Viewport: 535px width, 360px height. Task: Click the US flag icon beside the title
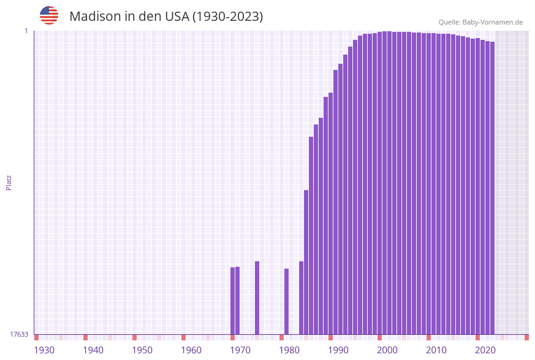[x=49, y=15]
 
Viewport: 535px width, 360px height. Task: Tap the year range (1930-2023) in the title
[x=227, y=17]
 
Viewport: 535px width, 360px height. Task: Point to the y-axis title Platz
[x=9, y=182]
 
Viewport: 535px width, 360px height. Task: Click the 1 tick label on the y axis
[x=26, y=31]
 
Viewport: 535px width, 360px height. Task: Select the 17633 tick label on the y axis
[x=19, y=334]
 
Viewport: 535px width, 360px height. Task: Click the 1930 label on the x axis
[x=44, y=350]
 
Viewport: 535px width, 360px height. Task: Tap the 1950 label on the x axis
[x=142, y=350]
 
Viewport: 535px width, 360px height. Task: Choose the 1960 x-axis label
[x=191, y=350]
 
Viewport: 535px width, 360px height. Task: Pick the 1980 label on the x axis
[x=289, y=350]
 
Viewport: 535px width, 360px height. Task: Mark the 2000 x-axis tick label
[x=387, y=350]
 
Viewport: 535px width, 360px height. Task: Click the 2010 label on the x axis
[x=436, y=350]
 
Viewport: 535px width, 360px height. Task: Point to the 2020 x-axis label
[x=485, y=350]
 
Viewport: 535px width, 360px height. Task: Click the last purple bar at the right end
[x=492, y=188]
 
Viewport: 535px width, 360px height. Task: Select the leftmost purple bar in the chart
[x=232, y=301]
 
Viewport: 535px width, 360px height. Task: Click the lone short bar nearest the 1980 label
[x=286, y=301]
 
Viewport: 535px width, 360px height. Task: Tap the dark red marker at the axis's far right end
[x=526, y=337]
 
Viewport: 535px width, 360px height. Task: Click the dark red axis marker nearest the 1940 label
[x=85, y=337]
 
